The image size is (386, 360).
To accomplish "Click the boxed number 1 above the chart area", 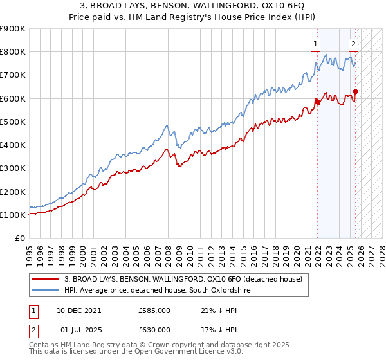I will coord(316,44).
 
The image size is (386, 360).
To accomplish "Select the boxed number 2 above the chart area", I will coord(354,44).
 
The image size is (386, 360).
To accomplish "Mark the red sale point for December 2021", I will coord(317,102).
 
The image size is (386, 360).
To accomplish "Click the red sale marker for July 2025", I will coord(355,91).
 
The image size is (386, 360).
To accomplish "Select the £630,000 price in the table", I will coord(154,329).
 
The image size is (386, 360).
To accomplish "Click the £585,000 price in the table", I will coord(154,310).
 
